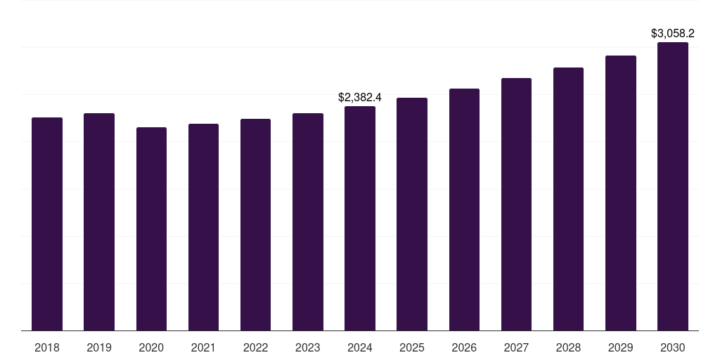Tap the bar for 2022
click(x=255, y=224)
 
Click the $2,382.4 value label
click(x=360, y=98)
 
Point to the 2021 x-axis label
click(x=203, y=347)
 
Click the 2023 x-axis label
click(x=308, y=347)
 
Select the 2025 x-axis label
click(x=412, y=347)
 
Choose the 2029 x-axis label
click(x=621, y=347)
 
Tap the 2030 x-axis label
click(x=673, y=347)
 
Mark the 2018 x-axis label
click(x=47, y=347)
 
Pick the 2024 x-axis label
click(x=360, y=347)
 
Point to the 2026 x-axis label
click(x=464, y=347)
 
